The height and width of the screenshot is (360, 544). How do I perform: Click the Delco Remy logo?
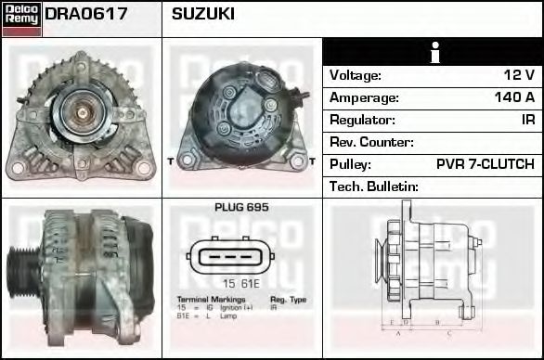(x=20, y=19)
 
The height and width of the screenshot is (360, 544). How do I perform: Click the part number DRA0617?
(x=85, y=15)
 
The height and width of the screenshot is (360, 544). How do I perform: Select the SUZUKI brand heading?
(x=202, y=15)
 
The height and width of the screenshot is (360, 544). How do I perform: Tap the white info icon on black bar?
(x=432, y=52)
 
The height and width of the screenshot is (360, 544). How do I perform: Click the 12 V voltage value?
(x=519, y=75)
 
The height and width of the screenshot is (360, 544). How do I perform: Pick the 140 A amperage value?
(x=514, y=97)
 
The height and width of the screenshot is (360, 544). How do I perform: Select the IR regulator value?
(x=526, y=120)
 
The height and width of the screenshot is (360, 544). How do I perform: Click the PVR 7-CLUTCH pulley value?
(x=485, y=164)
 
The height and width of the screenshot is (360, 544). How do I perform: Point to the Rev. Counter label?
(x=371, y=142)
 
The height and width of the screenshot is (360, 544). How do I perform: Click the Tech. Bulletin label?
(x=374, y=186)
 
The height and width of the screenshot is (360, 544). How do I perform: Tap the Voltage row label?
(x=356, y=75)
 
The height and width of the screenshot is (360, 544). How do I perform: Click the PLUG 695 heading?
(x=240, y=208)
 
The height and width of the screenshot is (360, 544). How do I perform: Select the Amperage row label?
(x=364, y=97)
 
